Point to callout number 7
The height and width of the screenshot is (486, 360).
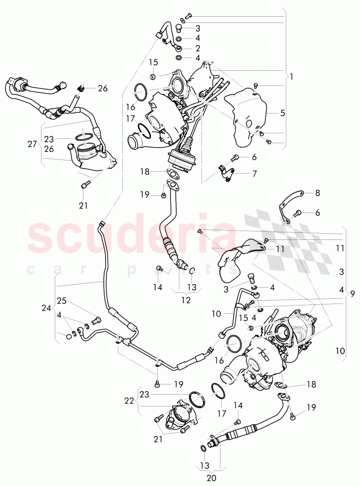(254, 174)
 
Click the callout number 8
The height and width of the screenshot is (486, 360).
(317, 193)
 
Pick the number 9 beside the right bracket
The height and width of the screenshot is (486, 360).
(352, 293)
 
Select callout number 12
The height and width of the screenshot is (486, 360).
(186, 300)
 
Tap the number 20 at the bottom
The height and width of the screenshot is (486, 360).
(211, 477)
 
